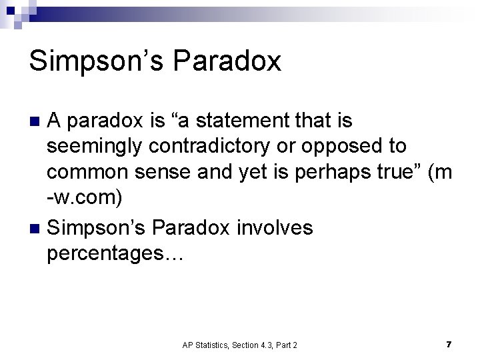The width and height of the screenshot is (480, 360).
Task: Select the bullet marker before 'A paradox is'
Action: click(x=37, y=121)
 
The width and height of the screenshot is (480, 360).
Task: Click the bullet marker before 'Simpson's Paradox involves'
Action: click(x=37, y=228)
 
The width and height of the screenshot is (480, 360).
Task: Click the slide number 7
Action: click(x=449, y=344)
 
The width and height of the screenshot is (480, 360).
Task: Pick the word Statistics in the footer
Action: click(x=209, y=345)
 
